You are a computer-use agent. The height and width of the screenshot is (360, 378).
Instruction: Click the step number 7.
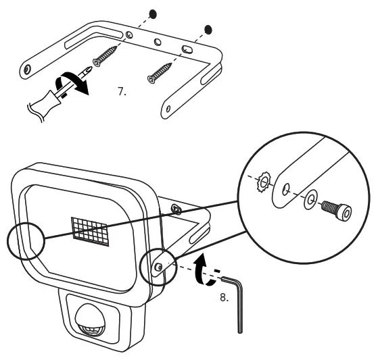(x=122, y=91)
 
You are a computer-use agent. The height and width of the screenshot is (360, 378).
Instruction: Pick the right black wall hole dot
(x=208, y=29)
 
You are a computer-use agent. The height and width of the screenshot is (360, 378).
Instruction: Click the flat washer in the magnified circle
(x=310, y=201)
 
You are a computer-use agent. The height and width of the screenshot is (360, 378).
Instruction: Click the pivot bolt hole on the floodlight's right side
(x=158, y=267)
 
